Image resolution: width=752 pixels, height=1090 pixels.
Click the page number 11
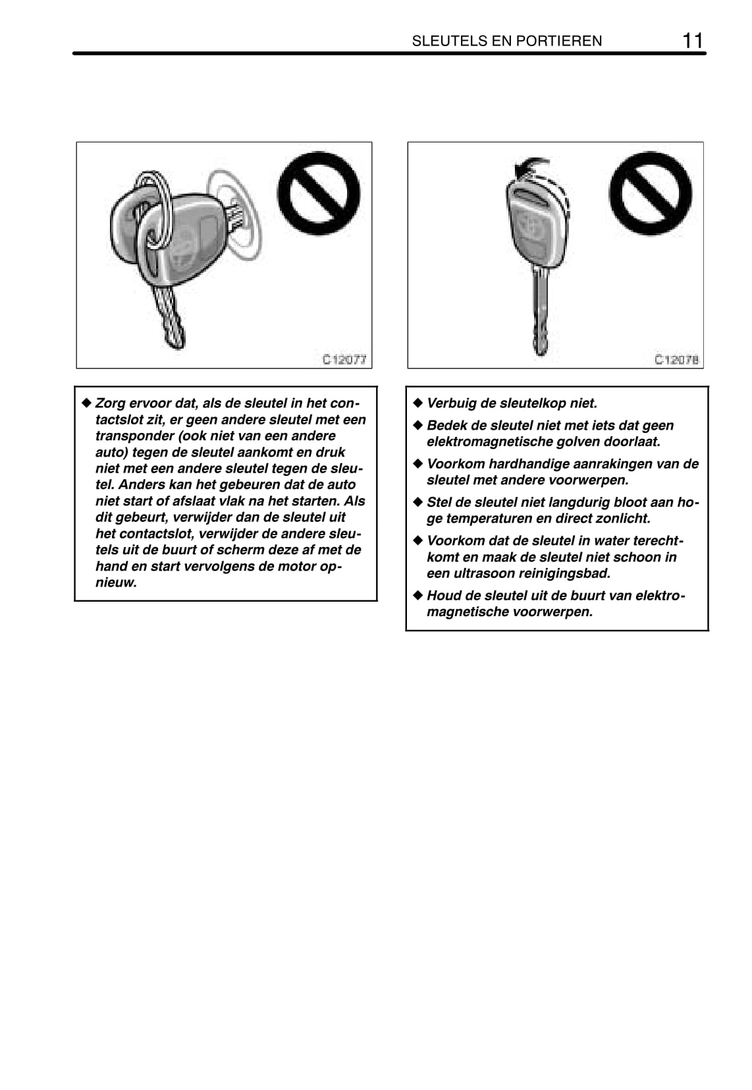(692, 40)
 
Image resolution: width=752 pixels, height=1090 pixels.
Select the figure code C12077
(344, 359)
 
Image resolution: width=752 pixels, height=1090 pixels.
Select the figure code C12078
(676, 359)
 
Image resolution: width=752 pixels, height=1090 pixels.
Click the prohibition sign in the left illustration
(319, 192)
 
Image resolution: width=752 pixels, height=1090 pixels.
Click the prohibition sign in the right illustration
(651, 192)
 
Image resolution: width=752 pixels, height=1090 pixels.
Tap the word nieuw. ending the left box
(116, 583)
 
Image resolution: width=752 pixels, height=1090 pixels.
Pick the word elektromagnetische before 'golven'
(487, 442)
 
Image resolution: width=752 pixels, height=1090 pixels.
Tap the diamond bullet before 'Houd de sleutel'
(416, 595)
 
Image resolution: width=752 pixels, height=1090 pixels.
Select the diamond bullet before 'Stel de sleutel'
(416, 502)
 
